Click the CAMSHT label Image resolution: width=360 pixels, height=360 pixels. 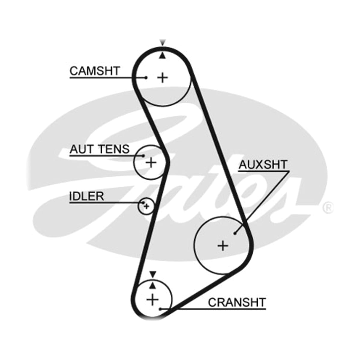click(94, 71)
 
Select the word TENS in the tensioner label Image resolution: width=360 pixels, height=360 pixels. click(114, 149)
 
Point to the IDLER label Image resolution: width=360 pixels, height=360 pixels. click(86, 196)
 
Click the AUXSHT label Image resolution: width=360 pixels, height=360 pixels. click(263, 165)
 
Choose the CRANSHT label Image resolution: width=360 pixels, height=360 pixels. click(237, 302)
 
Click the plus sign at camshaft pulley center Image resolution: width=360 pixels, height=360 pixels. click(163, 77)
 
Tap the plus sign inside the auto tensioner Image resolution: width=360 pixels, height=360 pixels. click(151, 162)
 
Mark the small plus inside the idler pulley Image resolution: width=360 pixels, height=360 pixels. click(147, 206)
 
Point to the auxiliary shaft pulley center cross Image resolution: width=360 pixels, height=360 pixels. click(223, 246)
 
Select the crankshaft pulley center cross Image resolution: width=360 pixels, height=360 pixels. click(153, 300)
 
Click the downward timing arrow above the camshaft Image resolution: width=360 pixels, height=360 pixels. click(163, 43)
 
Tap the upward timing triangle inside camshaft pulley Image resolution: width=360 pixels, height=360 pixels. click(163, 56)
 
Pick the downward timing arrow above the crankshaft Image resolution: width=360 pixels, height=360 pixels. click(153, 274)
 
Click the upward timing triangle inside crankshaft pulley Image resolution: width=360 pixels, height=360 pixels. click(153, 286)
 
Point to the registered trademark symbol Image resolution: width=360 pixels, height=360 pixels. click(328, 208)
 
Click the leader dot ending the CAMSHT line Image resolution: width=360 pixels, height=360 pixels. click(146, 77)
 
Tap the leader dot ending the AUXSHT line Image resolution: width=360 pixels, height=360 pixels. click(235, 233)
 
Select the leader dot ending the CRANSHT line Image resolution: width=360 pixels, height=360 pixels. click(160, 309)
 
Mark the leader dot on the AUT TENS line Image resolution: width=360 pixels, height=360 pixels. click(143, 156)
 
